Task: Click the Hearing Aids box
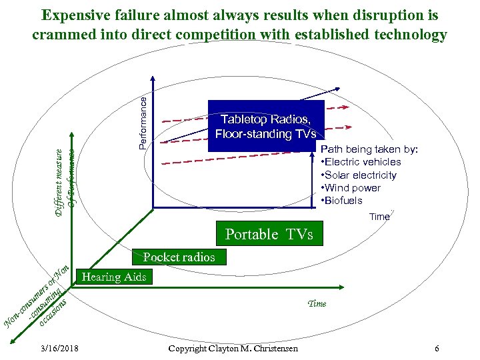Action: (x=113, y=277)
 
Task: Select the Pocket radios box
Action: (x=179, y=257)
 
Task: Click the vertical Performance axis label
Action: (x=143, y=121)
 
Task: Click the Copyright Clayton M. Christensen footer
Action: (x=233, y=349)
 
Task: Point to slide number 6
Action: (x=436, y=349)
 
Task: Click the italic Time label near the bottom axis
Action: (x=317, y=303)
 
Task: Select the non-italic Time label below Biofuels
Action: (x=379, y=217)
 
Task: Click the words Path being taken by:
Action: (x=369, y=149)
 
